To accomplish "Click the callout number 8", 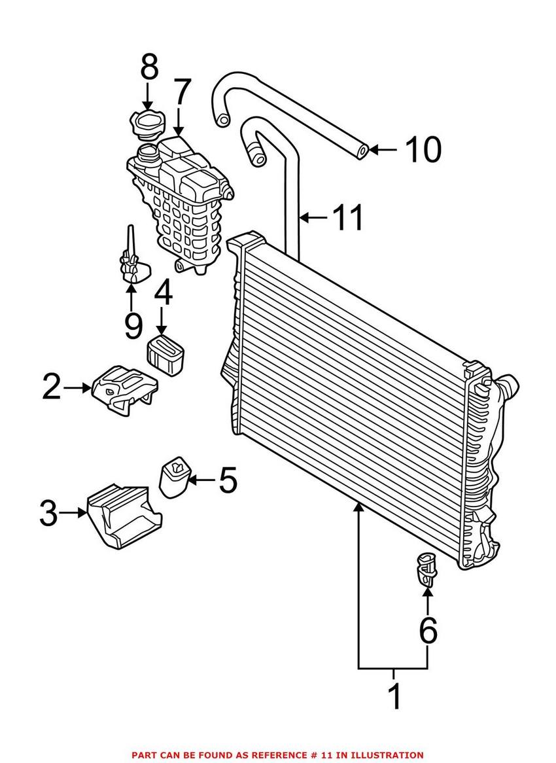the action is click(x=149, y=67).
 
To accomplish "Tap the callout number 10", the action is click(x=424, y=149).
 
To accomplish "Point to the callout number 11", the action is click(x=347, y=217).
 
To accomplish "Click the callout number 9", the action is click(x=132, y=325).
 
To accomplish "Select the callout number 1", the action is click(x=395, y=696).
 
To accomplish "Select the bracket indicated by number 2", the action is click(x=124, y=389).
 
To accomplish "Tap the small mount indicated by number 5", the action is click(x=175, y=477).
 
